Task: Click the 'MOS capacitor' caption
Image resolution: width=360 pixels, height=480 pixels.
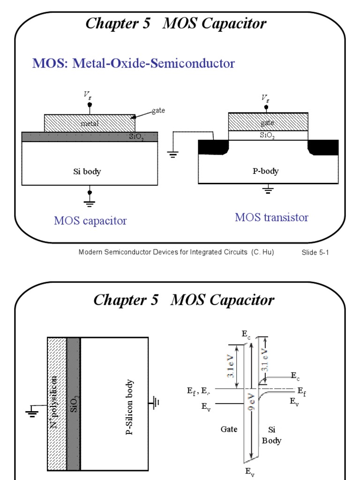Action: (90, 221)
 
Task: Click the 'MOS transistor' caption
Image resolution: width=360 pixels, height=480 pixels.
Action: (271, 217)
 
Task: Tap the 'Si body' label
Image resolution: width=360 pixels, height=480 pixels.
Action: (87, 172)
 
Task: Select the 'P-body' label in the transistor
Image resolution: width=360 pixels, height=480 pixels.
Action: (266, 171)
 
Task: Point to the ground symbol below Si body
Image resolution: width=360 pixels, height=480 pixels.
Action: (90, 202)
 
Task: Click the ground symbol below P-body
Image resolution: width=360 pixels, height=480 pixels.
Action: (268, 189)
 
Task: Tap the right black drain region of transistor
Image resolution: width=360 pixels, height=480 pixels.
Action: (323, 147)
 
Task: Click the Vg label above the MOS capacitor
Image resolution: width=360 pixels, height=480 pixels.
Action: (88, 95)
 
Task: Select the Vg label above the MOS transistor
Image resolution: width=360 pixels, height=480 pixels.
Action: (265, 97)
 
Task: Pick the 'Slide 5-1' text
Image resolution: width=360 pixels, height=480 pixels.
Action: (315, 253)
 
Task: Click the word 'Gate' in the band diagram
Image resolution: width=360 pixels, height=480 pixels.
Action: (228, 429)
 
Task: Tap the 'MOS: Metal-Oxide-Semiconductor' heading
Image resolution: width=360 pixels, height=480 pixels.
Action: (133, 63)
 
